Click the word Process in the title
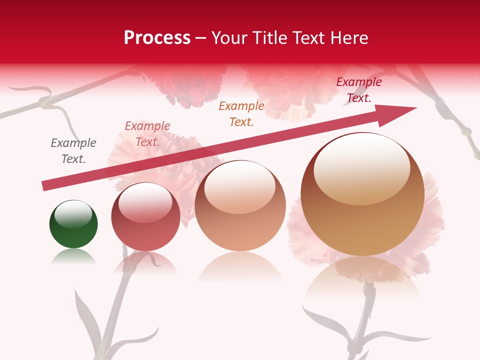157,38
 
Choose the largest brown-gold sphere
362,220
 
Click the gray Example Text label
73,151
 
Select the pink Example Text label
147,134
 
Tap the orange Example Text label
241,113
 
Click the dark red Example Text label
358,90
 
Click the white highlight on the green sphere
73,214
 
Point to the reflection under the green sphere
73,257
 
